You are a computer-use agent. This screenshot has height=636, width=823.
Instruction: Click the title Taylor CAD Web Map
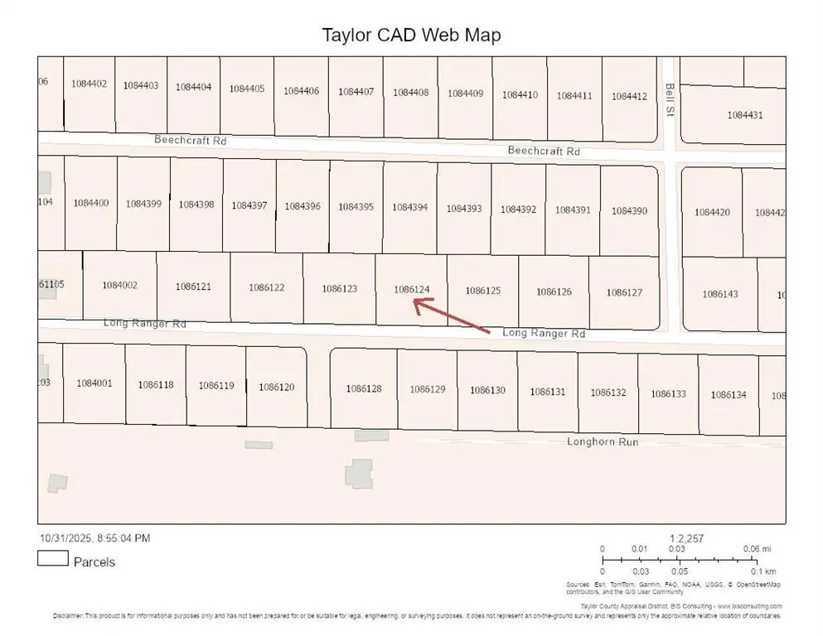click(411, 35)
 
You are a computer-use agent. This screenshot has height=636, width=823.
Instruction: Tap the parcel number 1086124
click(412, 289)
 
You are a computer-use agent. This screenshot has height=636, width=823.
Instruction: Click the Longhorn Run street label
click(603, 441)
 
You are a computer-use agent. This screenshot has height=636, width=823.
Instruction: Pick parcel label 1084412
click(629, 96)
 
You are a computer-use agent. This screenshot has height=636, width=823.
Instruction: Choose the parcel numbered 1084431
click(744, 115)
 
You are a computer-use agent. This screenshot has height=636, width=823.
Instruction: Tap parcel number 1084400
click(91, 203)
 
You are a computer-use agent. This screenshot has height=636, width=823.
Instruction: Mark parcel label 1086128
click(364, 388)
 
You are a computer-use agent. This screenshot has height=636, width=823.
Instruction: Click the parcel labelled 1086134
click(728, 394)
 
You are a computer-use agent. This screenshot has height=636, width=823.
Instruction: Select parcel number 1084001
click(94, 383)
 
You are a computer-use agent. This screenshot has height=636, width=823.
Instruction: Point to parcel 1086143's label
click(719, 294)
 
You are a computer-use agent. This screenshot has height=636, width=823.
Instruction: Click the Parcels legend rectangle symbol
click(52, 560)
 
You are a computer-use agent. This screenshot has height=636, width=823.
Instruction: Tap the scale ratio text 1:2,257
click(686, 538)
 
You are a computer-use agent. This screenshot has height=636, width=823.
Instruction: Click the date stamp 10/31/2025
click(68, 538)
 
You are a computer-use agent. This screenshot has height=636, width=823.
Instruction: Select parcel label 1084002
click(119, 285)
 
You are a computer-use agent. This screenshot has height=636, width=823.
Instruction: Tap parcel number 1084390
click(629, 211)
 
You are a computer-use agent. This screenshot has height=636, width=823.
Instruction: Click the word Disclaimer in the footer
click(67, 615)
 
